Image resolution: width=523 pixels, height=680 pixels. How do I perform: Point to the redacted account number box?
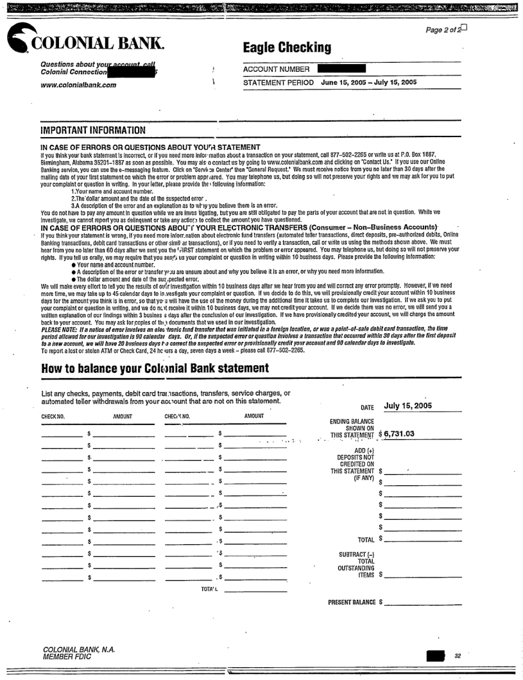(341, 68)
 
